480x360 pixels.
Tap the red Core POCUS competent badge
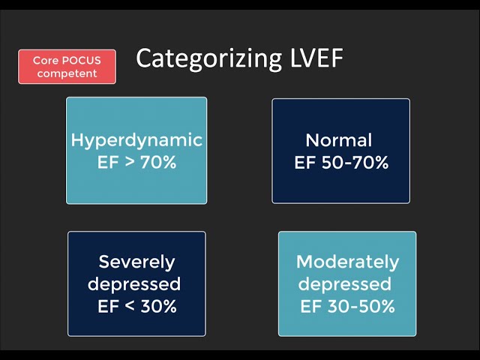(x=67, y=67)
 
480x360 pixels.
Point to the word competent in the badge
(x=67, y=73)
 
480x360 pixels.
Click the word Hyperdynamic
(x=136, y=140)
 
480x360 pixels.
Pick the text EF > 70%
(x=136, y=161)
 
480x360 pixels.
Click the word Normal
(x=339, y=140)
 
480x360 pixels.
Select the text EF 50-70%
(x=340, y=161)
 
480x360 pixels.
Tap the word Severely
(x=136, y=262)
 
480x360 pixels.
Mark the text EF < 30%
(x=136, y=306)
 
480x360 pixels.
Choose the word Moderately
(x=347, y=262)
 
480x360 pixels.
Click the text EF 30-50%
(x=347, y=306)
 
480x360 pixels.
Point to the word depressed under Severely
(x=135, y=285)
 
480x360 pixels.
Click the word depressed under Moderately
(x=345, y=285)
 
